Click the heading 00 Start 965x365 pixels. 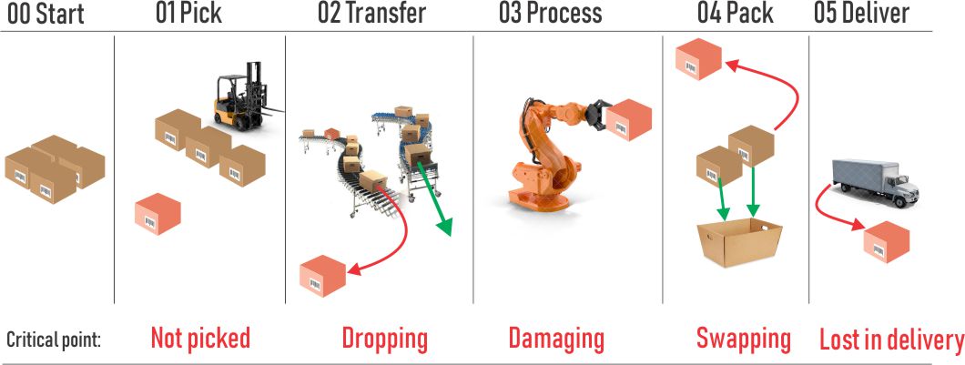tap(45, 14)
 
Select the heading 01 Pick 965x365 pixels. tap(188, 14)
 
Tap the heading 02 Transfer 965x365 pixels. tap(371, 14)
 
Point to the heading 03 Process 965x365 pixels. tap(550, 14)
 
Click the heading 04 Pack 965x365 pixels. tap(735, 14)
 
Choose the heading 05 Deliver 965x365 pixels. tap(861, 14)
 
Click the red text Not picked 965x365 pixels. tap(200, 338)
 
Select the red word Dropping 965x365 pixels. tap(385, 340)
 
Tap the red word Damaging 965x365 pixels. tap(556, 340)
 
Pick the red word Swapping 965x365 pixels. tap(744, 340)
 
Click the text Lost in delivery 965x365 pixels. tap(891, 340)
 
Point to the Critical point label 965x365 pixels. tap(53, 340)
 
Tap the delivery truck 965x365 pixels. tap(877, 183)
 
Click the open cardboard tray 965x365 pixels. tap(739, 242)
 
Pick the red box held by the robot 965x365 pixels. tap(628, 119)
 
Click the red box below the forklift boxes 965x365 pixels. tap(157, 214)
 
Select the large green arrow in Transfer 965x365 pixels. tap(435, 199)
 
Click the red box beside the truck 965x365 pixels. tap(887, 242)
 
